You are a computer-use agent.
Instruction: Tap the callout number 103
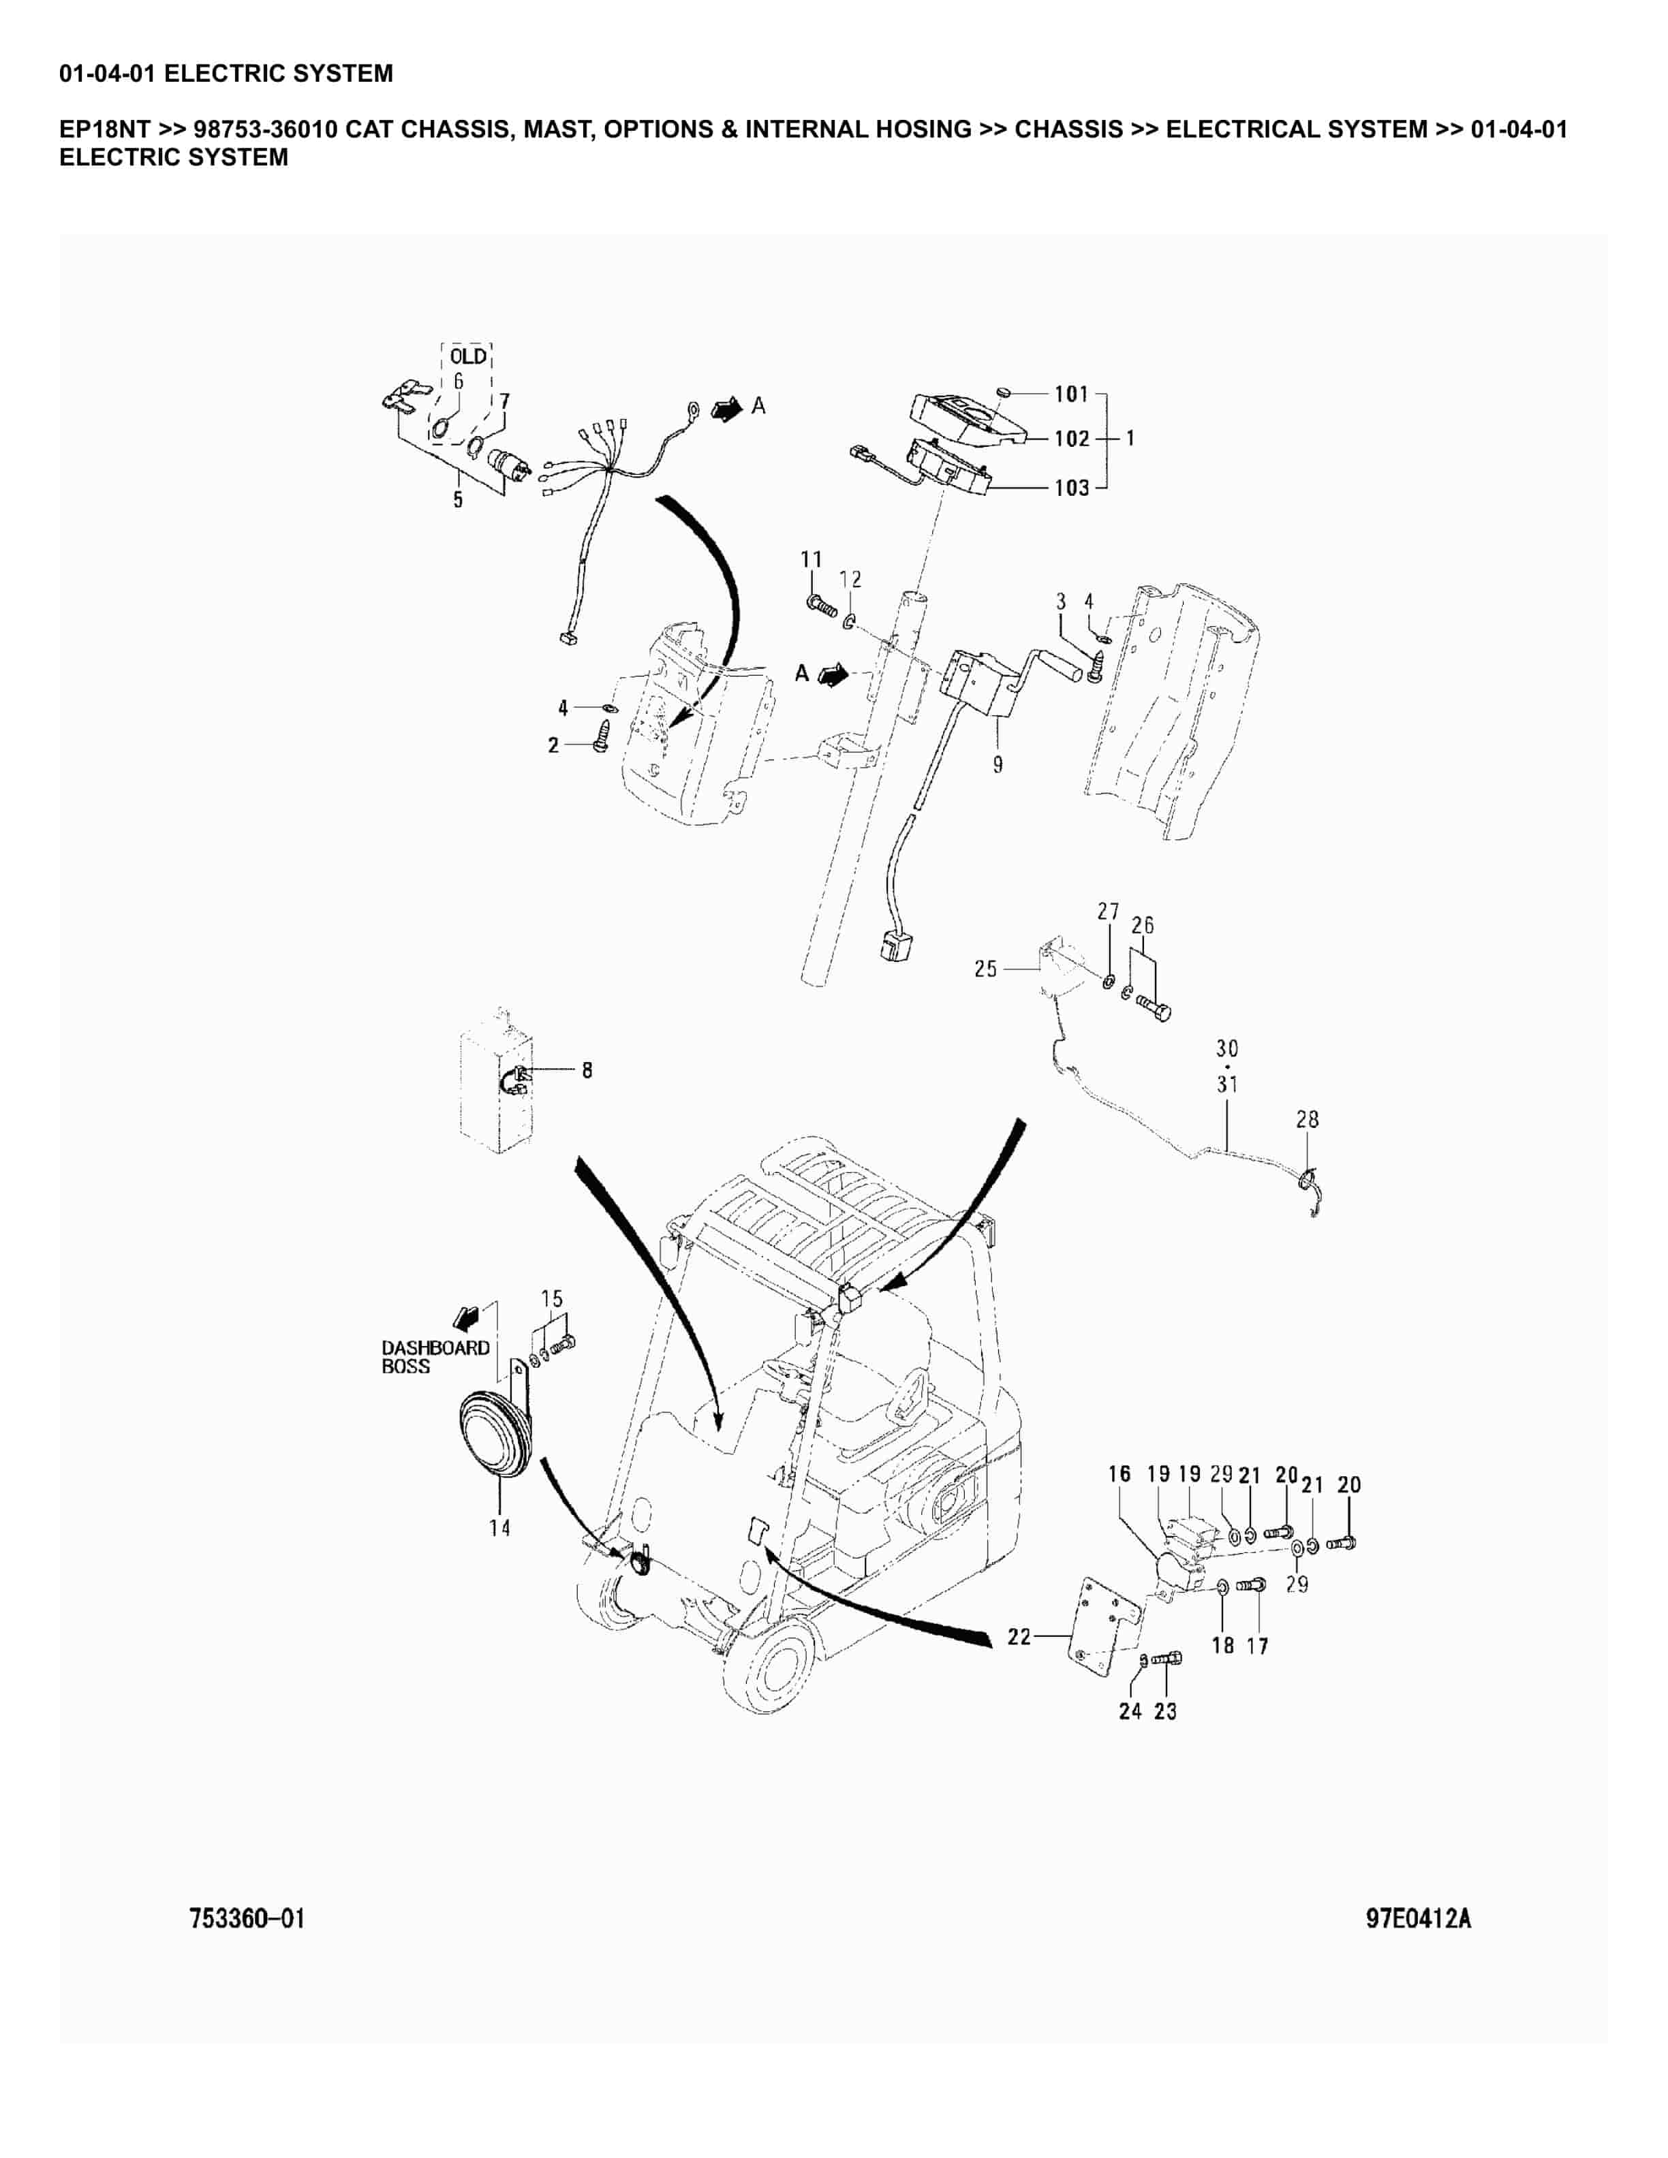coord(1071,488)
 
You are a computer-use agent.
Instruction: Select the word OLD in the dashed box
coord(468,357)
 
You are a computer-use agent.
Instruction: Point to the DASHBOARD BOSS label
coord(435,1357)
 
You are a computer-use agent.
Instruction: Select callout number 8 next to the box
coord(587,1070)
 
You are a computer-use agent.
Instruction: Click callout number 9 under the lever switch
coord(998,764)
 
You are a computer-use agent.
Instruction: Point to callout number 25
coord(985,969)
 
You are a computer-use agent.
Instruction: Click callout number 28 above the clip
coord(1308,1119)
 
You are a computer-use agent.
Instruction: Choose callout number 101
coord(1071,395)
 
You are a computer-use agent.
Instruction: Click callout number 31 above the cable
coord(1227,1085)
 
